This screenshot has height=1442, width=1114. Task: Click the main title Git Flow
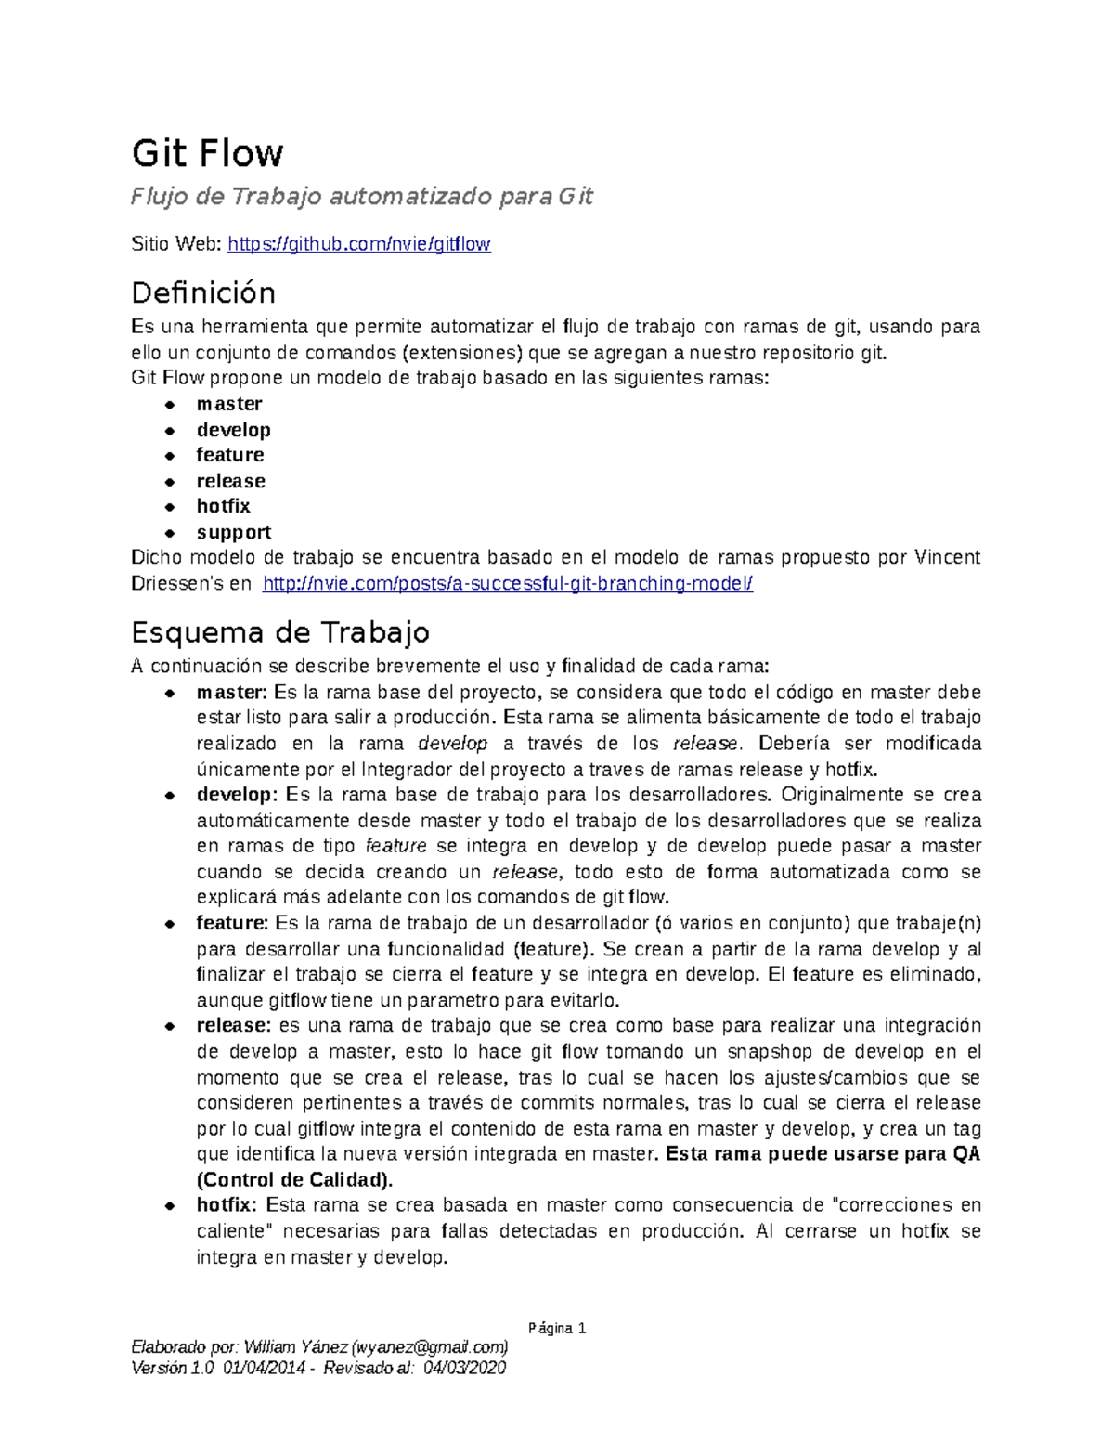207,153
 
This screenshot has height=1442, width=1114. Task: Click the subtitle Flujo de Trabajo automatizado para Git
362,197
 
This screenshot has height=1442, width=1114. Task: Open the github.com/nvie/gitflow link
359,244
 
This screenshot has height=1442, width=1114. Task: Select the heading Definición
203,293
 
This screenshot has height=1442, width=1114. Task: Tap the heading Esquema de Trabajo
280,633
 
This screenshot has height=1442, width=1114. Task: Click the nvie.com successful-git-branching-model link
508,584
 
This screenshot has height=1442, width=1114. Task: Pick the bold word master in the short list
229,404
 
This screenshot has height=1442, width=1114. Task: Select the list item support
234,532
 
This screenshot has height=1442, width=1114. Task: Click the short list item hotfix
224,506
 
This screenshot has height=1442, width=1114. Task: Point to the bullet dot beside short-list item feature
170,456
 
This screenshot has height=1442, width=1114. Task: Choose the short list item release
231,481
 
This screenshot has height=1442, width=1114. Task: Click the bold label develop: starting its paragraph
237,795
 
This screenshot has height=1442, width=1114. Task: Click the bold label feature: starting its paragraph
232,923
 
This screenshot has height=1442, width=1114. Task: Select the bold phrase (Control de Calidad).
294,1180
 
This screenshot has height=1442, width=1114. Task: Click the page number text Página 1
556,1328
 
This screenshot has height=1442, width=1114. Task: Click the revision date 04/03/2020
464,1368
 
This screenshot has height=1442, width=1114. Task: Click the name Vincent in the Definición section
947,558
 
